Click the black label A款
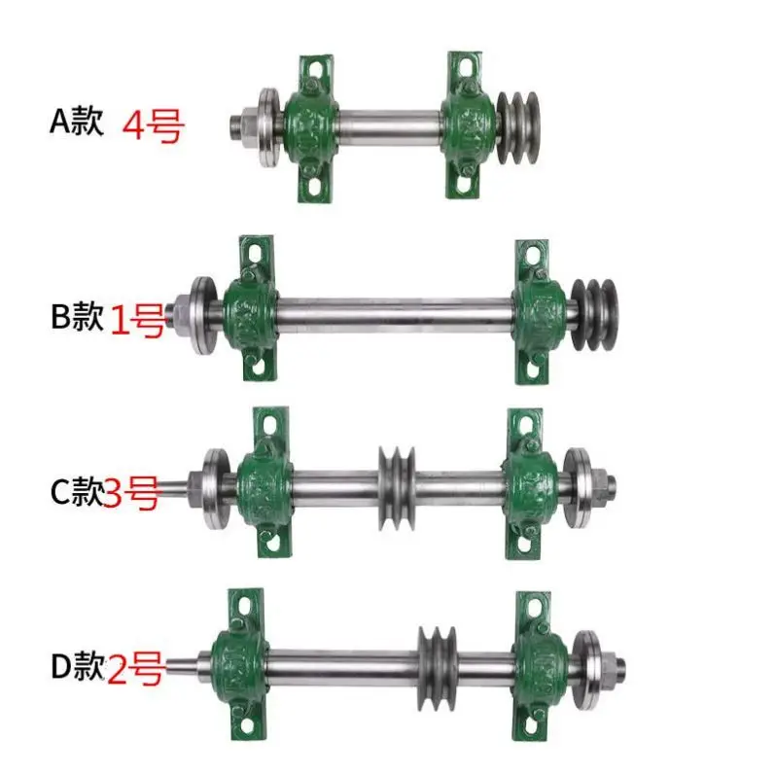(x=76, y=123)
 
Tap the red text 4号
(x=153, y=126)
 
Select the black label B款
(x=76, y=318)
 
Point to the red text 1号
(x=137, y=320)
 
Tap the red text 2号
(x=133, y=670)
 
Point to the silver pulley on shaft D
(x=437, y=660)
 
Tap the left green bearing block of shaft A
(x=309, y=128)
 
